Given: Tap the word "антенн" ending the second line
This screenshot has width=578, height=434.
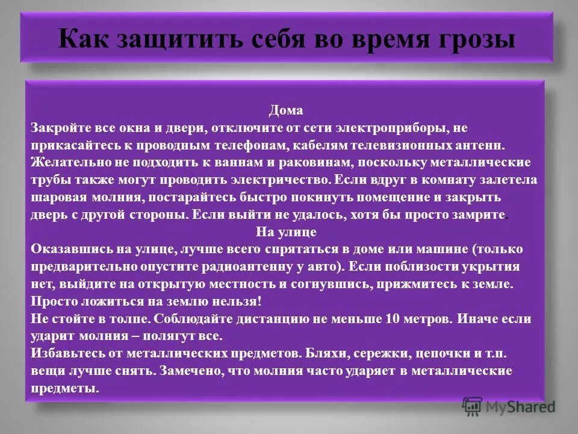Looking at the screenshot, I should click(482, 146).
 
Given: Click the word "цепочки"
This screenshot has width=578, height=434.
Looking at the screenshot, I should click(452, 353).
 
